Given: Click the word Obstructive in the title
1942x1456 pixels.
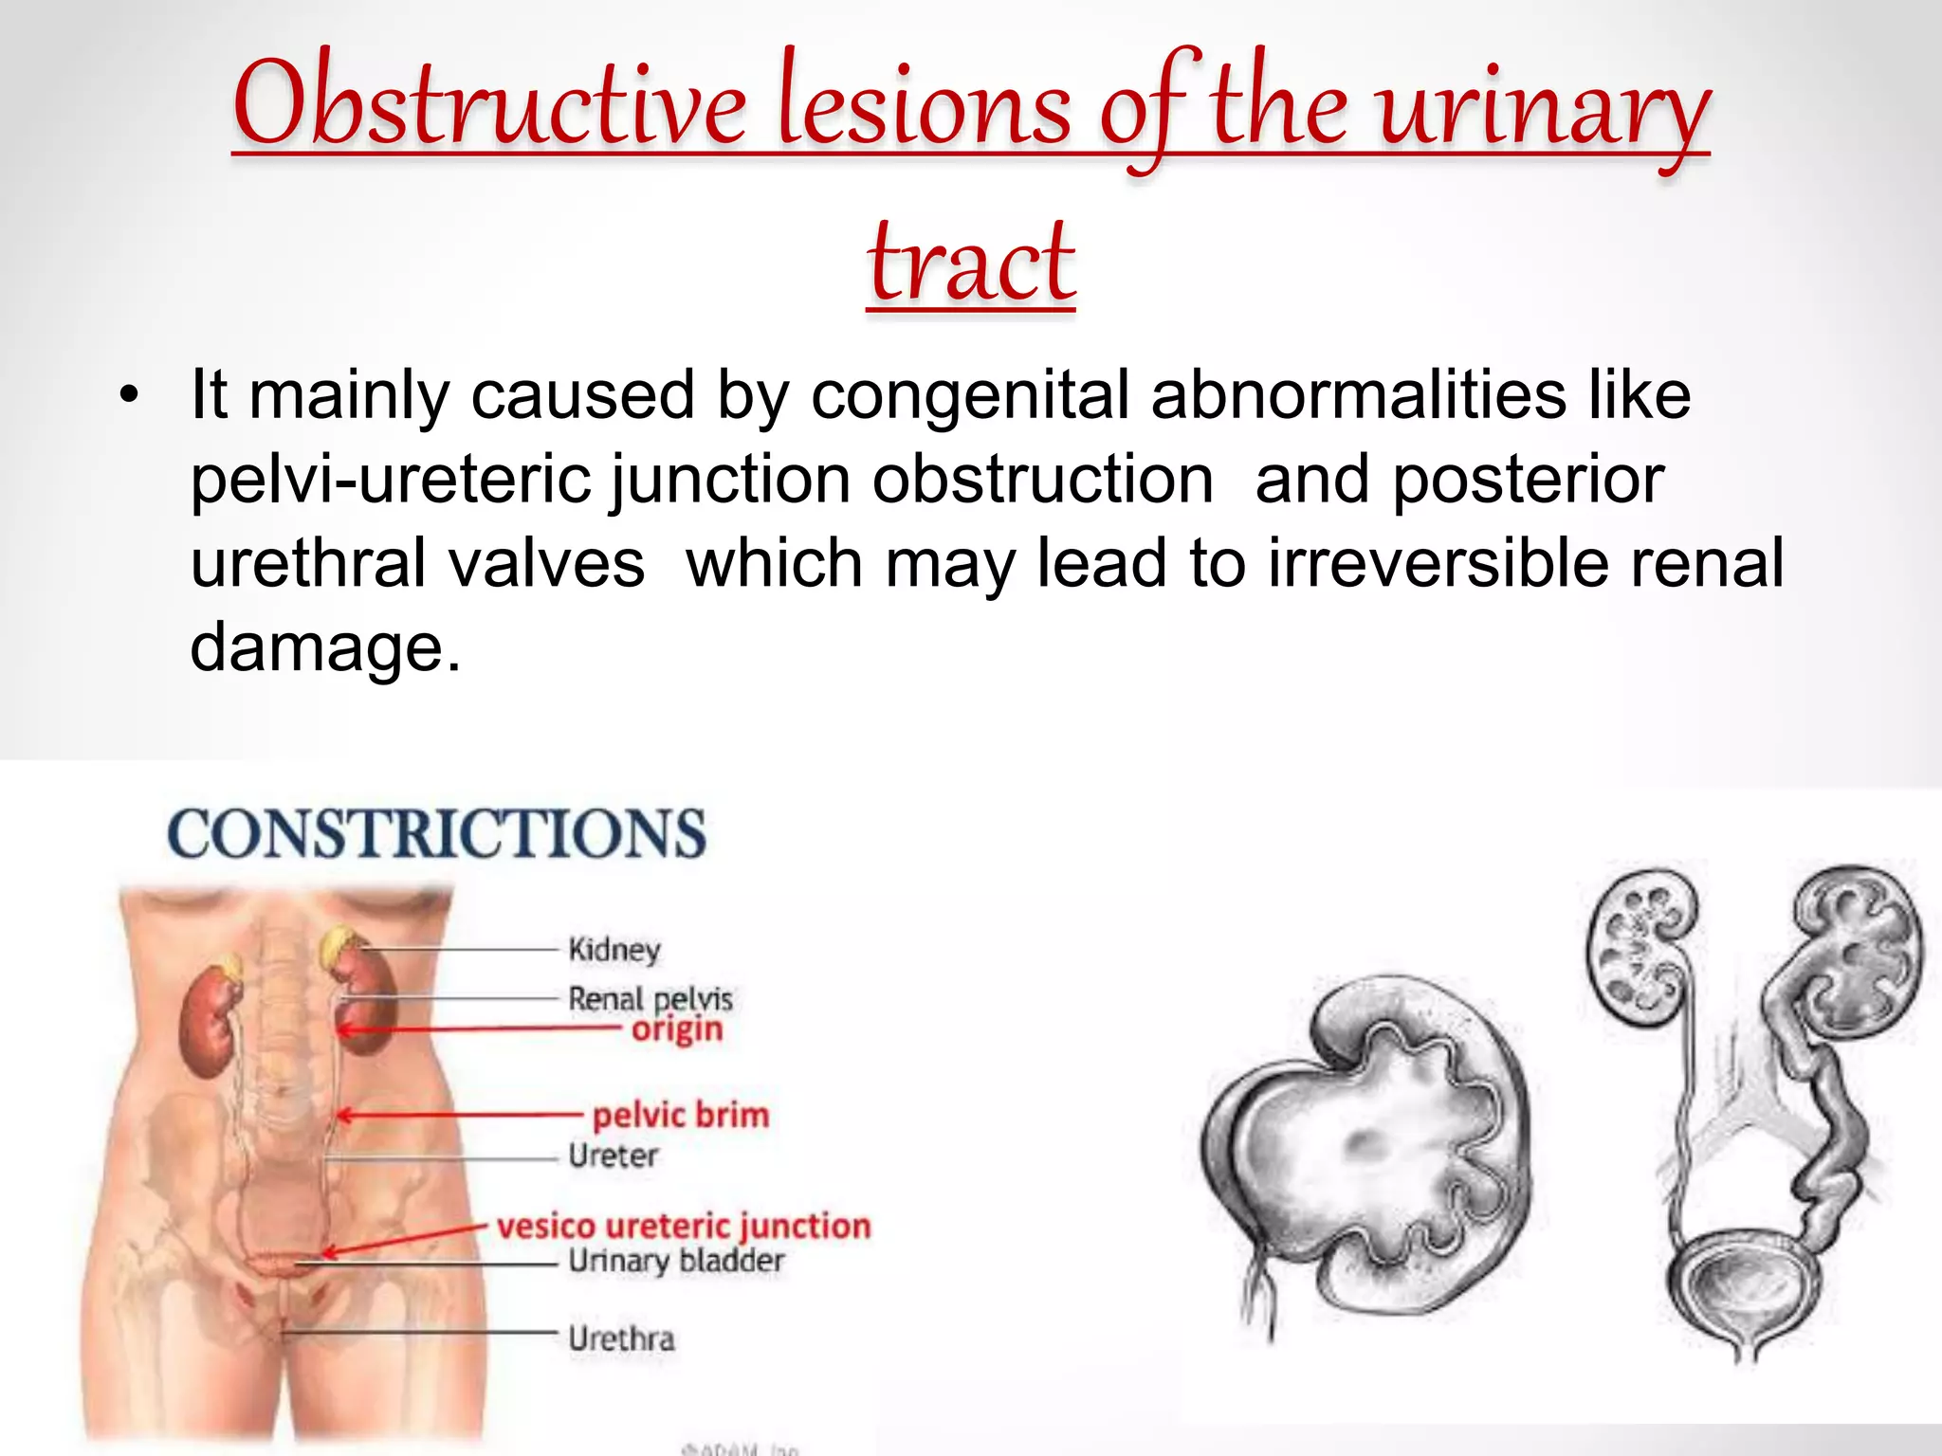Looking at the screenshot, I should [x=488, y=104].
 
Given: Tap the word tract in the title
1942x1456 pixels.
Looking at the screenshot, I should [x=971, y=261].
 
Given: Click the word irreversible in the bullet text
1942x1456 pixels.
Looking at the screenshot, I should [x=1438, y=563].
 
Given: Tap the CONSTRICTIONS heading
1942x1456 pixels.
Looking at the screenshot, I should [x=436, y=834].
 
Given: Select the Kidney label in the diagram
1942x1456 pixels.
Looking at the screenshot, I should [x=614, y=949].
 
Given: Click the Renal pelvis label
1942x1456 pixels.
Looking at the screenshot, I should [x=650, y=998].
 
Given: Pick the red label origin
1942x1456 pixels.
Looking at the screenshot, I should [x=677, y=1029].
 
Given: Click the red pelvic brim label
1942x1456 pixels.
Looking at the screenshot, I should [x=680, y=1115].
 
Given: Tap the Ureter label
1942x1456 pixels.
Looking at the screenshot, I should [x=613, y=1156].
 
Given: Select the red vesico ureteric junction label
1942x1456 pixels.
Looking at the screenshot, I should [x=683, y=1226].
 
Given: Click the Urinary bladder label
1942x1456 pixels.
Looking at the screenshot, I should [x=675, y=1261].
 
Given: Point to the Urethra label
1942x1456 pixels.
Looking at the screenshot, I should [x=621, y=1338].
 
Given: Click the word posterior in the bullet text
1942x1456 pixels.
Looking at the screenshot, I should [x=1528, y=479].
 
